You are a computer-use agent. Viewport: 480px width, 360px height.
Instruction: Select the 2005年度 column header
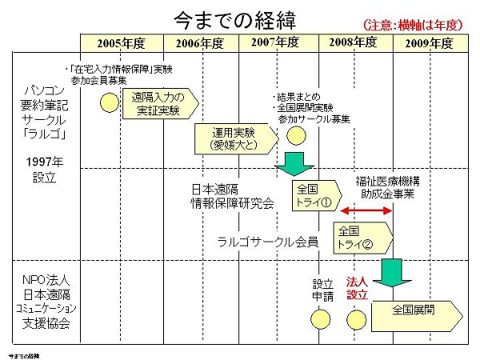point(121,42)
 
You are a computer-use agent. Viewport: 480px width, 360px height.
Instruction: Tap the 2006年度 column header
point(200,42)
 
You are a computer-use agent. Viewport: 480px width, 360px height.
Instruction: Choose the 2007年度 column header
point(278,42)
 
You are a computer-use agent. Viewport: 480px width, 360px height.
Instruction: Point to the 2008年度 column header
point(355,42)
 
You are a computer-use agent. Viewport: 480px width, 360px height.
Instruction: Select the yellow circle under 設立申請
point(320,319)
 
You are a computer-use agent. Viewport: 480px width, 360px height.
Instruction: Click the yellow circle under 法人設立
point(356,319)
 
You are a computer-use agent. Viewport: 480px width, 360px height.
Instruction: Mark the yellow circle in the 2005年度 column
point(110,102)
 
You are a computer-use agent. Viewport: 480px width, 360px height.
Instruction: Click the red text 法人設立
point(357,288)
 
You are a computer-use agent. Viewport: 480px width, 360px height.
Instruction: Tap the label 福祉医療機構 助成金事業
point(387,188)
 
